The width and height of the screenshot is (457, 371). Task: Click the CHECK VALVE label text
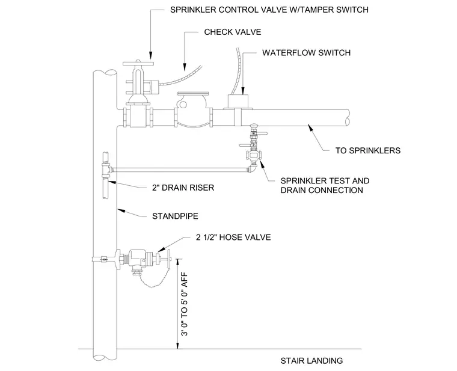(x=232, y=32)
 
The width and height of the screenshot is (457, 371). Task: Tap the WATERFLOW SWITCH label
(x=306, y=53)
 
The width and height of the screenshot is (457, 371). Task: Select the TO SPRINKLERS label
(x=368, y=151)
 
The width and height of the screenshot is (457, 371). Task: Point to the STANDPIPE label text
(x=175, y=216)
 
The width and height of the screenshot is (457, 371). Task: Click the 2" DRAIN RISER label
(x=183, y=188)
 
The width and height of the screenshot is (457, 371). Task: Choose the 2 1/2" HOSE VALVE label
(x=233, y=238)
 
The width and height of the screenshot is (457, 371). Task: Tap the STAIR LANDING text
(x=311, y=361)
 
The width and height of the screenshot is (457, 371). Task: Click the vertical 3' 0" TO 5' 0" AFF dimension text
(x=185, y=304)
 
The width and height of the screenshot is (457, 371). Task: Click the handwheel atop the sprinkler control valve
(x=138, y=64)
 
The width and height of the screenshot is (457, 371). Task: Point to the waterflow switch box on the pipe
(x=238, y=102)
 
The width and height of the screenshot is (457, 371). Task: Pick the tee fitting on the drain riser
(x=106, y=170)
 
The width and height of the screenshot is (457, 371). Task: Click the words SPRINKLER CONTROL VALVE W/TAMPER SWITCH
(x=269, y=10)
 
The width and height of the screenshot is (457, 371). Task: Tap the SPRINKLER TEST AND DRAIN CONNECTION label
(x=325, y=186)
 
